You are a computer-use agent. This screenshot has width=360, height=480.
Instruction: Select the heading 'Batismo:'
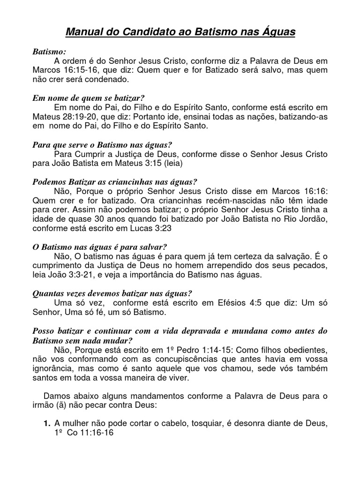coord(50,52)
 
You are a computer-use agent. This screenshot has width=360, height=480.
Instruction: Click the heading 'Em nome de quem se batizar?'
coord(89,98)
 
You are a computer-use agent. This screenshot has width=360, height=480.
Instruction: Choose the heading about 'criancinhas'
coord(115,181)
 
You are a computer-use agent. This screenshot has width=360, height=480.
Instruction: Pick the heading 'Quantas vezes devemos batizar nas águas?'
coord(112,293)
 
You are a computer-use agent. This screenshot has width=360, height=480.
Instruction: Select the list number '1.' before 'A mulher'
coord(47,424)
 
